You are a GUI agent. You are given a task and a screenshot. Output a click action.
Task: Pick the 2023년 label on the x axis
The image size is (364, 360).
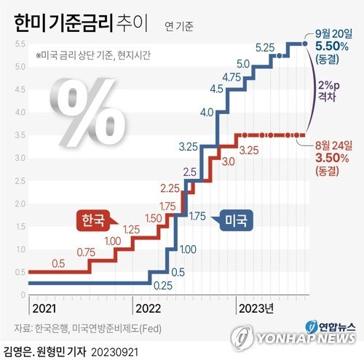pos(256,308)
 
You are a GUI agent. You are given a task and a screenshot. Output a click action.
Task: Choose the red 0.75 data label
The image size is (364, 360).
pos(85,252)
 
